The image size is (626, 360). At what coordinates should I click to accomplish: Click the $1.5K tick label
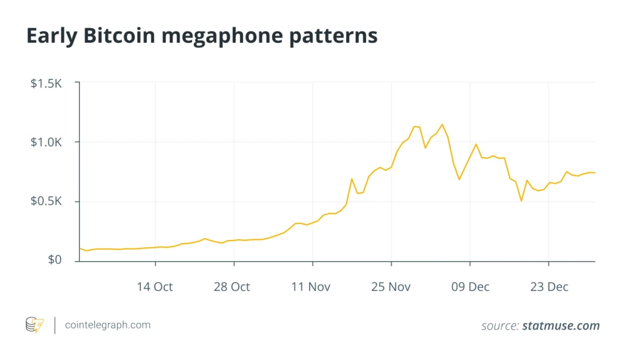coord(46,83)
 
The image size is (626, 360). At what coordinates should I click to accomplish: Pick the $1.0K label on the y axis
coord(46,142)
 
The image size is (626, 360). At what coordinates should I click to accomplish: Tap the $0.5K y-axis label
coord(46,202)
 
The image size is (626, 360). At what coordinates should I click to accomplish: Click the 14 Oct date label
coord(155,287)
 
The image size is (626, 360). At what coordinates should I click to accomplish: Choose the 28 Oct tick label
coord(232,287)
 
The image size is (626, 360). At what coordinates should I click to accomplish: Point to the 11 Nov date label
coord(311,287)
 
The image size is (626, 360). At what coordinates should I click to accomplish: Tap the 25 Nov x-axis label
coord(391,287)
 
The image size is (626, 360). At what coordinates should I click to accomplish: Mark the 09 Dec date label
coord(470,287)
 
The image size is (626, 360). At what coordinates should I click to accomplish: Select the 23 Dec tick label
coord(549,287)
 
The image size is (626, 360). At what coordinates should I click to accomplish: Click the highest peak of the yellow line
coord(442,124)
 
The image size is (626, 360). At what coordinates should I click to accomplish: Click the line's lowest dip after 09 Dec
coord(521,200)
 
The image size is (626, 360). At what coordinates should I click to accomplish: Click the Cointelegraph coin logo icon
coord(34,325)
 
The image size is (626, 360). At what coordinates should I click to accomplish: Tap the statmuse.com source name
coord(561,326)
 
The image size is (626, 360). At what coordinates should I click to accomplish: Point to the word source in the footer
coord(499,326)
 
